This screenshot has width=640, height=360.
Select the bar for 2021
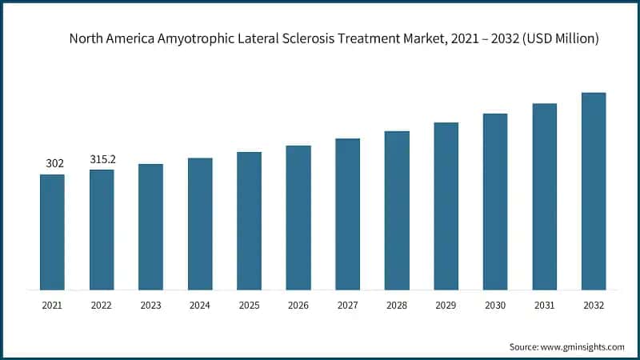click(x=52, y=232)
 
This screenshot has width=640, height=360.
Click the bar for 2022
click(x=102, y=230)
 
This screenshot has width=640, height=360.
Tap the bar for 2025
click(x=249, y=221)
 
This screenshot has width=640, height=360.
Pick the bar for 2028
click(x=397, y=210)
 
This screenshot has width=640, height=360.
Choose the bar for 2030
click(x=495, y=202)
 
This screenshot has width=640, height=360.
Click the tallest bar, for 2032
click(x=594, y=191)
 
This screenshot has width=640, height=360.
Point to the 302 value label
click(x=54, y=163)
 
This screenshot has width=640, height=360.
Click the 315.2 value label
click(x=102, y=159)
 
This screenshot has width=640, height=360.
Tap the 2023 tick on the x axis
click(x=150, y=306)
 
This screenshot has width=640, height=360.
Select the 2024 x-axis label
click(x=200, y=306)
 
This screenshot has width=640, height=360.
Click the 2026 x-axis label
click(x=298, y=306)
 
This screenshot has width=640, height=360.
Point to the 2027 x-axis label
click(x=347, y=306)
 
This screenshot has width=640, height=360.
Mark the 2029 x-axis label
click(x=446, y=306)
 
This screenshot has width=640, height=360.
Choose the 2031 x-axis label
click(x=544, y=306)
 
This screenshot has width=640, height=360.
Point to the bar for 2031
click(x=545, y=197)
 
